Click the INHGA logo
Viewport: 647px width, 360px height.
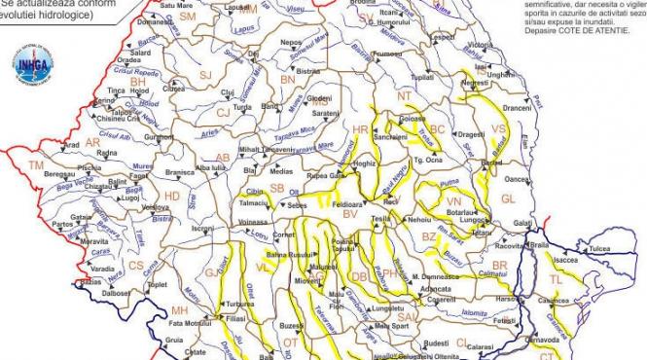pyautogui.click(x=34, y=65)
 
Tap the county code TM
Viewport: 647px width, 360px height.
pyautogui.click(x=35, y=167)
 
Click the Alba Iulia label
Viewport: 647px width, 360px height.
pyautogui.click(x=209, y=168)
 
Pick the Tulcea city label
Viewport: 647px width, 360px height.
pyautogui.click(x=599, y=250)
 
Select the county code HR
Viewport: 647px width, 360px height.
pyautogui.click(x=361, y=129)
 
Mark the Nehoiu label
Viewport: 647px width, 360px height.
pyautogui.click(x=420, y=220)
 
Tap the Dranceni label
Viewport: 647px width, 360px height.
pyautogui.click(x=518, y=108)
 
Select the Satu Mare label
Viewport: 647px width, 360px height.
pyautogui.click(x=202, y=5)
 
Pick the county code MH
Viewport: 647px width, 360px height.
pyautogui.click(x=179, y=310)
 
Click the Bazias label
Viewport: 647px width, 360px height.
pyautogui.click(x=90, y=282)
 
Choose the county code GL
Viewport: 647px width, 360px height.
pyautogui.click(x=507, y=198)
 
